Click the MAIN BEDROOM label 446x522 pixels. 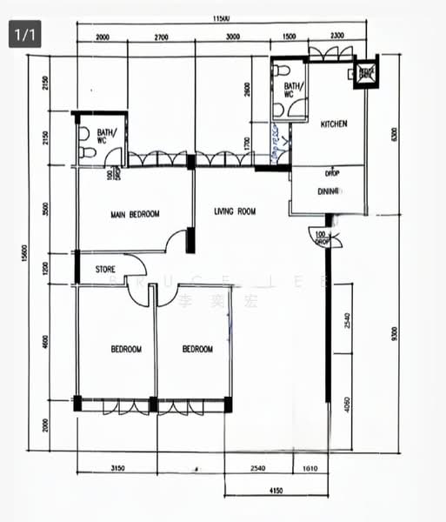[x=134, y=213]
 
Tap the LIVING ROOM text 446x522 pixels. [x=235, y=211]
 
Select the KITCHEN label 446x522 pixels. [x=334, y=124]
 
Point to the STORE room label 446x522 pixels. [x=105, y=270]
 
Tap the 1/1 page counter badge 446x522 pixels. [x=24, y=35]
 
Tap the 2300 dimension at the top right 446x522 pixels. [x=336, y=37]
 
